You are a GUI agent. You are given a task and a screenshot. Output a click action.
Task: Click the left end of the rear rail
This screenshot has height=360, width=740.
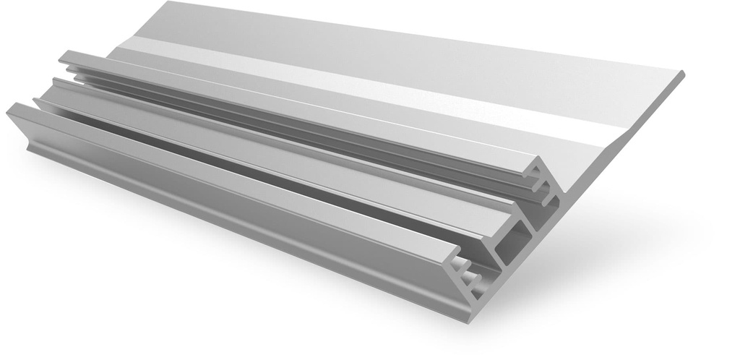[x=64, y=56]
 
